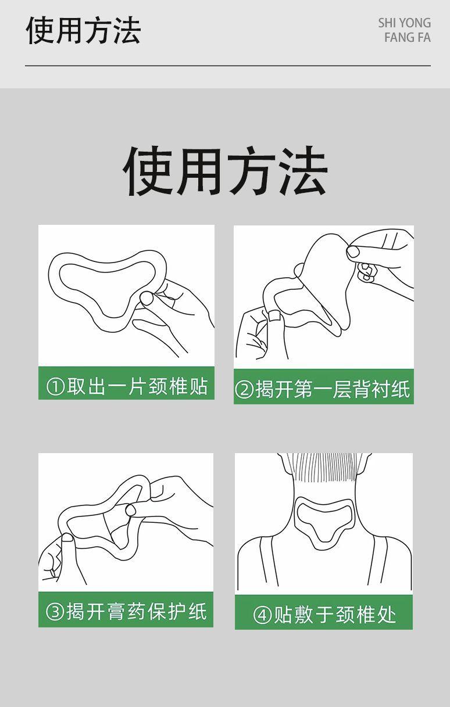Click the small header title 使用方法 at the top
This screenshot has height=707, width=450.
pos(83,30)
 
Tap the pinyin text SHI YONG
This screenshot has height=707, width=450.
pos(404,23)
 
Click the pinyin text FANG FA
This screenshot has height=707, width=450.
pos(408,38)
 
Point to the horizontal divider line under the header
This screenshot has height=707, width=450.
pos(228,66)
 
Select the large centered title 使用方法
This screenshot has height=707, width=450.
pos(225,171)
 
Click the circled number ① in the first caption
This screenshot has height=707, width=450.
pos(55,387)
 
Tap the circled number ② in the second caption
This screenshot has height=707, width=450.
pos(244,389)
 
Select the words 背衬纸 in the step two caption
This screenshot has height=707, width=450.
pos(381,389)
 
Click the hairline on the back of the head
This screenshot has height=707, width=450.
pos(324,480)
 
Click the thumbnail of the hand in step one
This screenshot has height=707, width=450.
pos(147,298)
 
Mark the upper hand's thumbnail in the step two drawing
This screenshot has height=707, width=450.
pos(353,252)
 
